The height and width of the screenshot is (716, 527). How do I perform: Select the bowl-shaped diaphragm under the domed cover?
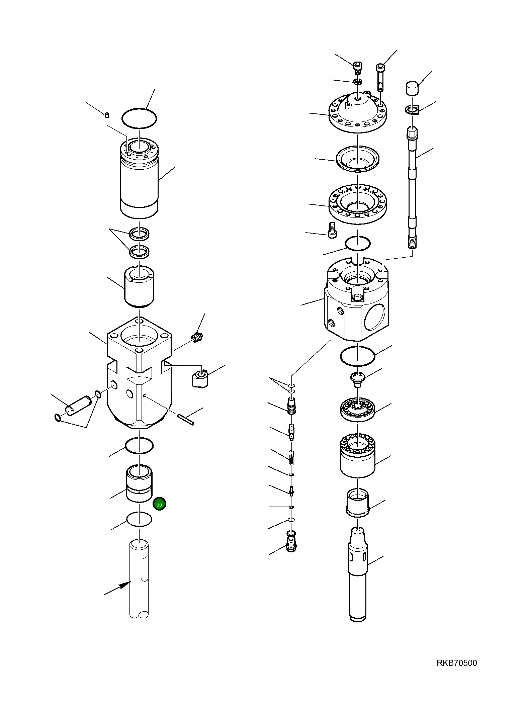tap(357, 159)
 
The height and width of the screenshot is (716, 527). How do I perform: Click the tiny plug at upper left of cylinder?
tap(107, 115)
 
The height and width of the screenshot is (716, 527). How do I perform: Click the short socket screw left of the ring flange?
tap(332, 230)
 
